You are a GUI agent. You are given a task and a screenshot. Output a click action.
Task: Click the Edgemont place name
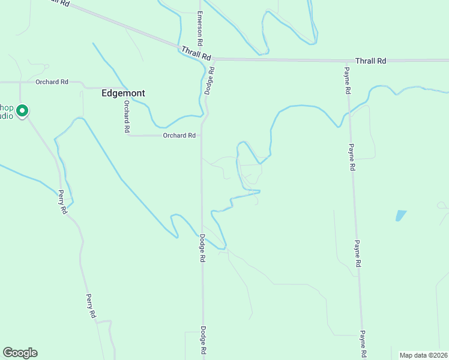[x=123, y=94]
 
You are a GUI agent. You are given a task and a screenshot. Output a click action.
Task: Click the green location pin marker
[x=23, y=111]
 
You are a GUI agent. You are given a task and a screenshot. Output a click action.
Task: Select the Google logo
[x=20, y=353]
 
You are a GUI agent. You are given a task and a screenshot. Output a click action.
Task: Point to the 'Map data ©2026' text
[x=424, y=355]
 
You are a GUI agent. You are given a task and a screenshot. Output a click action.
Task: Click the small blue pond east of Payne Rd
[x=400, y=215]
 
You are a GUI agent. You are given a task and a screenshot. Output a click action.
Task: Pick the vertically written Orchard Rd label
[x=127, y=116]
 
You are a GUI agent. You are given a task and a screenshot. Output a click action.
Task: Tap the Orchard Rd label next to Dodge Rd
[x=179, y=136]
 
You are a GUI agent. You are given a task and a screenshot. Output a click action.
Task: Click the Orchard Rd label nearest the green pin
[x=52, y=82]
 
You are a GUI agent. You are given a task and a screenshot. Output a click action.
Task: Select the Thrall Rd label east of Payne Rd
[x=370, y=61]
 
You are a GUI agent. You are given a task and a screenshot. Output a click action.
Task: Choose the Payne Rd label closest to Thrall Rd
[x=347, y=80]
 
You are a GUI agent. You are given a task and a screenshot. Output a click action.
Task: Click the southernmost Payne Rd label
[x=363, y=343]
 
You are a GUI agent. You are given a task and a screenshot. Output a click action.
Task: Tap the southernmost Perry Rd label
[x=91, y=305]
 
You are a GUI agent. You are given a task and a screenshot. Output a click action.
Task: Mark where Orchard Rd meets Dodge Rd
[x=201, y=136]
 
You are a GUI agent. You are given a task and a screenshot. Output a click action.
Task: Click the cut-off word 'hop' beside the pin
[x=6, y=107]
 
